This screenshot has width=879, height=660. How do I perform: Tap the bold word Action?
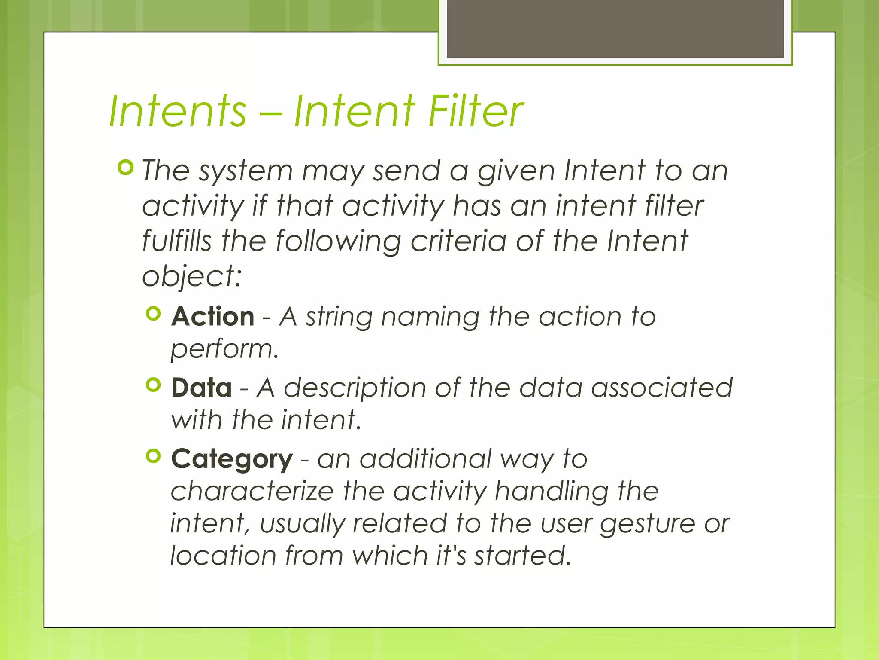[213, 317]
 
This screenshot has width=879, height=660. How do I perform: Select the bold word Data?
[201, 388]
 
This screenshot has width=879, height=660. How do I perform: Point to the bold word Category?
[232, 459]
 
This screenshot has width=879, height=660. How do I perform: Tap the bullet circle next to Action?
[153, 313]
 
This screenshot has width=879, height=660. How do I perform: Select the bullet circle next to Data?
[153, 385]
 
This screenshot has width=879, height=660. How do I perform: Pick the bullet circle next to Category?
[153, 456]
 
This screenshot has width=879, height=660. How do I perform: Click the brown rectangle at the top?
[615, 28]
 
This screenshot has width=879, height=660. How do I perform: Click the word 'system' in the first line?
[246, 171]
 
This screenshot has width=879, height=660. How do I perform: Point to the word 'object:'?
[192, 276]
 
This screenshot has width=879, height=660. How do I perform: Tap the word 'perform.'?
[224, 348]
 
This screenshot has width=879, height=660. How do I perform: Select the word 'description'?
[355, 388]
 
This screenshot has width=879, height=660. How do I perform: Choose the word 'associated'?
[661, 388]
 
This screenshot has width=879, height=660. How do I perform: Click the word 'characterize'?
[252, 491]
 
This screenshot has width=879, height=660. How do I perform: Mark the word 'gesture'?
[647, 524]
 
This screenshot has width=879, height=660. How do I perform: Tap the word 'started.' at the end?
[522, 556]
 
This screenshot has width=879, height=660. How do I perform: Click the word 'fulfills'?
[177, 241]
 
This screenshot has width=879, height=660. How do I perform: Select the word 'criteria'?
[458, 241]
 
